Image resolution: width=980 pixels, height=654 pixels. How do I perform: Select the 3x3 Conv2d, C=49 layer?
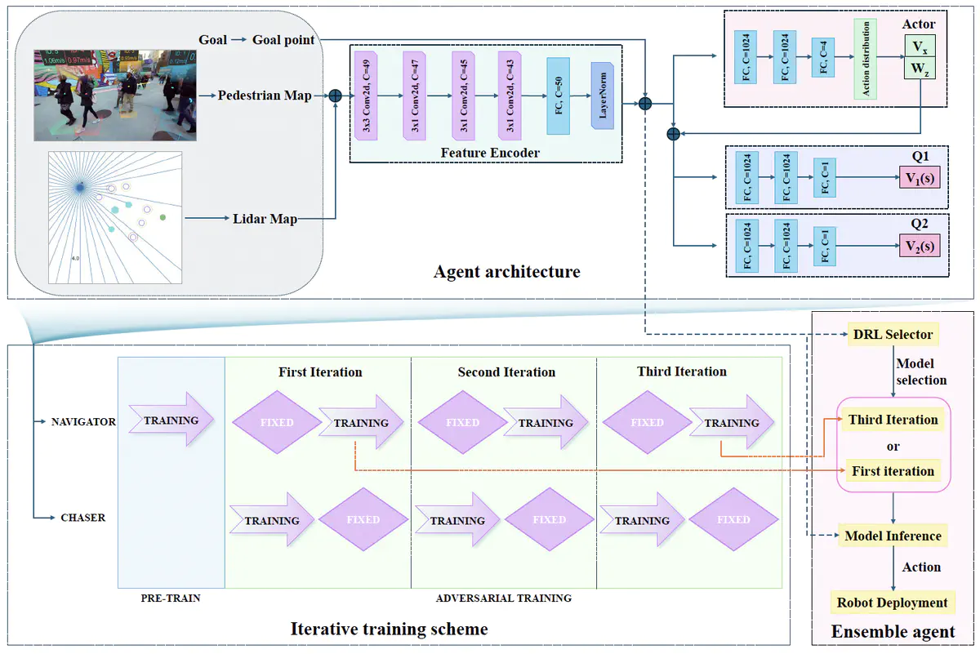(x=365, y=95)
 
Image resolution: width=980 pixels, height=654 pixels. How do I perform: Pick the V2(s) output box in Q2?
(x=919, y=245)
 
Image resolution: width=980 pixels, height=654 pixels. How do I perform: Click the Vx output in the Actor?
(x=919, y=47)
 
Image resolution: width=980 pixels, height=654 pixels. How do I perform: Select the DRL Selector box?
(x=893, y=335)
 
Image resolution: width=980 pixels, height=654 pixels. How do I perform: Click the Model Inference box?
(x=893, y=536)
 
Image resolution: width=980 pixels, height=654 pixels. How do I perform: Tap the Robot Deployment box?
(x=893, y=603)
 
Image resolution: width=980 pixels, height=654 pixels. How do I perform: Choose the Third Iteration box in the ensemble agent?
(x=893, y=420)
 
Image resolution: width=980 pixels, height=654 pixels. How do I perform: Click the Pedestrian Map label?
(x=264, y=96)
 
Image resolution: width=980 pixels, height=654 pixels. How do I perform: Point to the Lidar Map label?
(x=265, y=219)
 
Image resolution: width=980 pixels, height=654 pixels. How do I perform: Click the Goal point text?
(x=283, y=40)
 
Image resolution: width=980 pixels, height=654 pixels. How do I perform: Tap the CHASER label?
(x=82, y=518)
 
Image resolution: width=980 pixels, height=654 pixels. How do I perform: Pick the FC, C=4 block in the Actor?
(x=822, y=57)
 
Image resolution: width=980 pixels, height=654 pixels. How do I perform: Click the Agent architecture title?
(x=506, y=272)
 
